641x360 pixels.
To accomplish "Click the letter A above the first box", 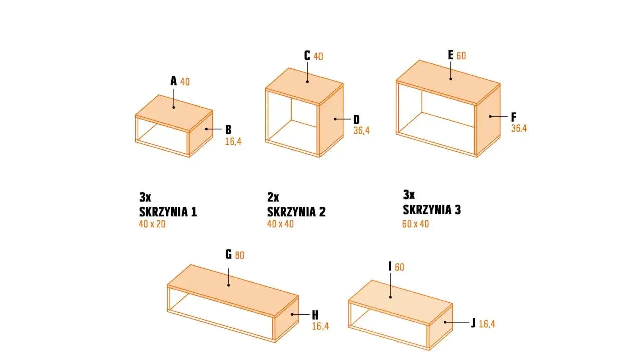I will [x=174, y=81].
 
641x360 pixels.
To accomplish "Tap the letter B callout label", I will [x=228, y=129].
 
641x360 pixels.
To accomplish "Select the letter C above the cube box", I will [x=307, y=55].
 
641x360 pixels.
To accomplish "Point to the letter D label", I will [x=356, y=119].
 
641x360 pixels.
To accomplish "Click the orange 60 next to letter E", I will [x=461, y=56].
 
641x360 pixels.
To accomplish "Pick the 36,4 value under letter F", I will [x=519, y=128].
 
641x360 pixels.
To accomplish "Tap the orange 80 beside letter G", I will [x=239, y=255].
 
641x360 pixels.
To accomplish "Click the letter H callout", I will [x=315, y=315].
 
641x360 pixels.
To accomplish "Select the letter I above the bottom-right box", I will [x=390, y=266].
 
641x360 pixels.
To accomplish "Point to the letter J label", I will [x=473, y=323].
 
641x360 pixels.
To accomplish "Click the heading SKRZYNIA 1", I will [x=168, y=212].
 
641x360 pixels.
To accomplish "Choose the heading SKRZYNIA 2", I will [x=296, y=212].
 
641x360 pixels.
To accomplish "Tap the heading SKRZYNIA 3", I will [x=432, y=210].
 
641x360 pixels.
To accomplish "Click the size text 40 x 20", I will [x=152, y=224].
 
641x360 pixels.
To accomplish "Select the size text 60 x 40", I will [x=415, y=224].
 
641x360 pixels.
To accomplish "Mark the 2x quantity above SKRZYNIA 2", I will [x=273, y=196].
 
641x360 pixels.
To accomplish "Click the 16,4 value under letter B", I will [x=233, y=141].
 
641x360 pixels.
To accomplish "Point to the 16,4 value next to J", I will [x=487, y=324].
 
